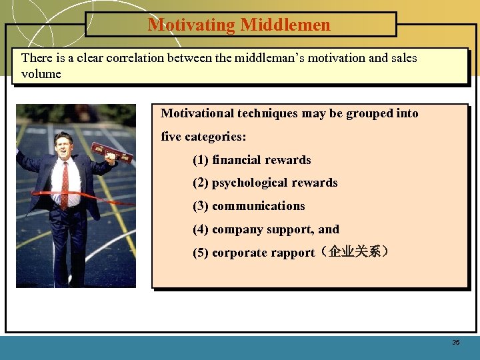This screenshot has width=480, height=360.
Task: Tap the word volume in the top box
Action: coord(41,74)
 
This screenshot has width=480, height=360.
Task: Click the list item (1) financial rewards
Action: coord(251,160)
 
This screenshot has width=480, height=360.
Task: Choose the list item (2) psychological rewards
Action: coord(265,183)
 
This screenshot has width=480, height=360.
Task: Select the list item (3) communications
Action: coord(249,206)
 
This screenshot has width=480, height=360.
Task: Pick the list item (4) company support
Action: coord(265,229)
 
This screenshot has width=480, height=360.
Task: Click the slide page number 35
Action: coord(456,343)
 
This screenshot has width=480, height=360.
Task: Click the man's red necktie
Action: coord(65,183)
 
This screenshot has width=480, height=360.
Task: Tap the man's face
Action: coord(63,143)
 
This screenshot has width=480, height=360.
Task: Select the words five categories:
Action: coord(203,137)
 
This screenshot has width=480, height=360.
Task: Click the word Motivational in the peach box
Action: coord(196,113)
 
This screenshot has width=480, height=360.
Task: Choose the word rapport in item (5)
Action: coord(291,253)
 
